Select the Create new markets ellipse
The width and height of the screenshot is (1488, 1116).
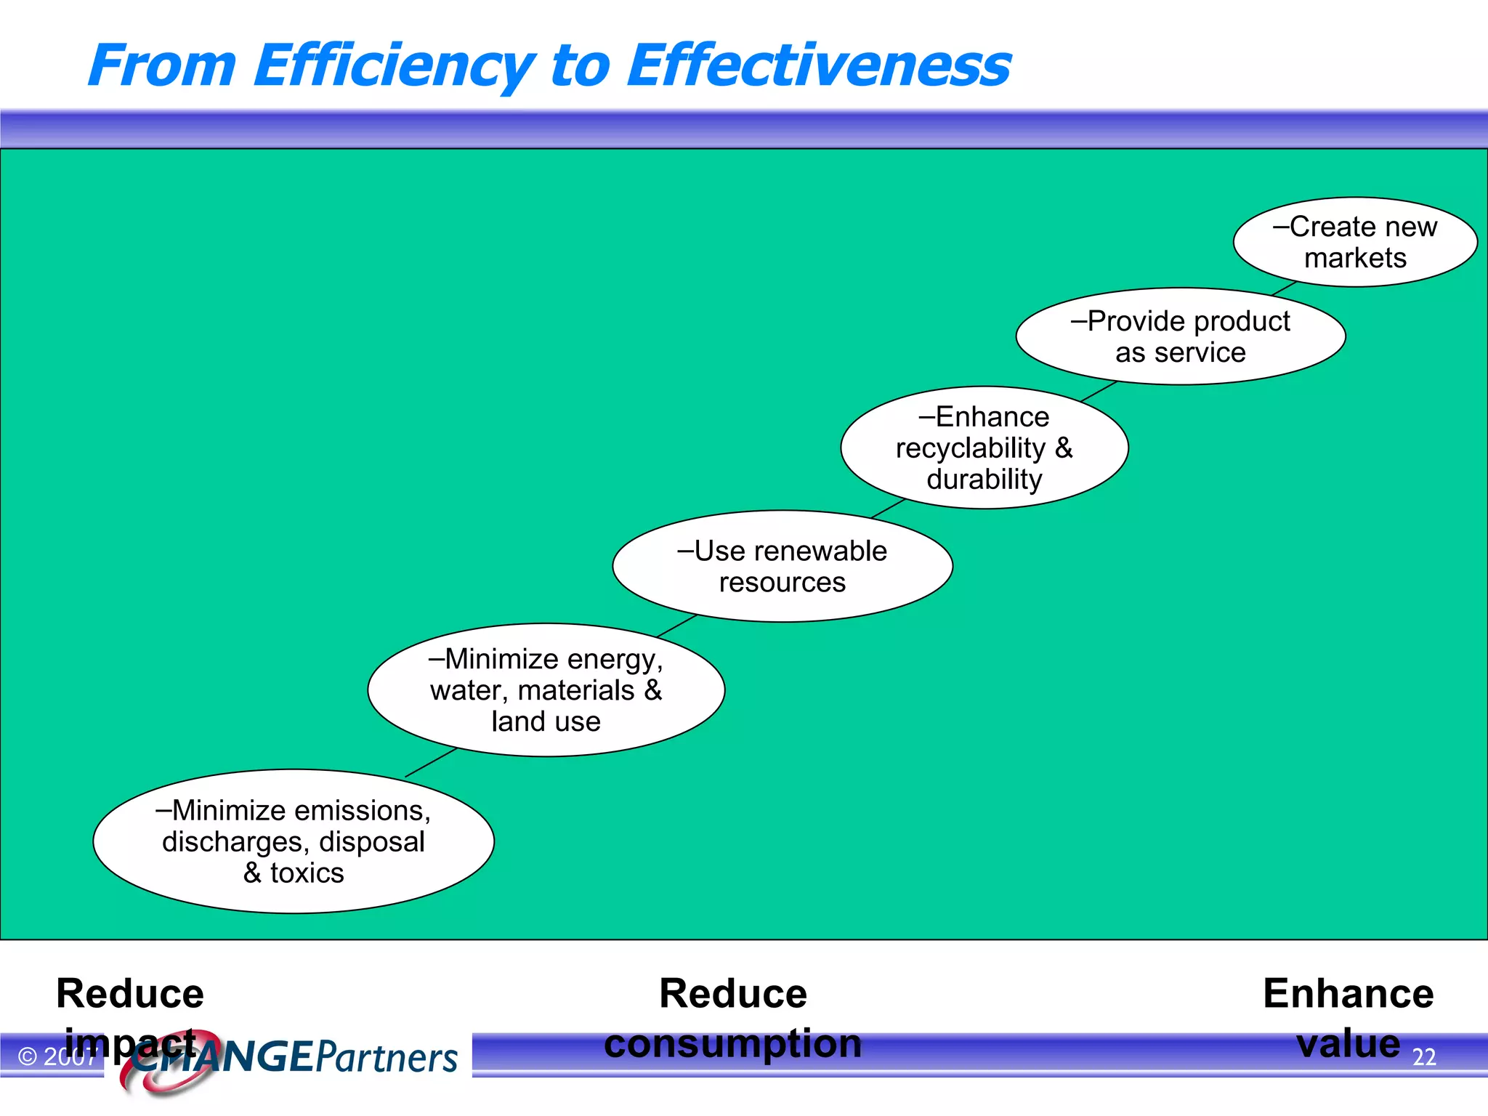[1355, 242]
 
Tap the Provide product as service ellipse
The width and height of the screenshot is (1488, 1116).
[1180, 336]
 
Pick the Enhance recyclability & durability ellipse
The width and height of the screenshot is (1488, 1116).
[984, 448]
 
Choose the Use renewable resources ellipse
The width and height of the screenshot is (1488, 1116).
[782, 566]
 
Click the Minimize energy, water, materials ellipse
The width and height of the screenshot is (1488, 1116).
[546, 690]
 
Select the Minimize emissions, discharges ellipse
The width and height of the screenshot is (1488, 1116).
[294, 841]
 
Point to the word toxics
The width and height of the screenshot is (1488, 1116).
[307, 873]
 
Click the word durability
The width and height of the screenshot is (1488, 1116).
[984, 480]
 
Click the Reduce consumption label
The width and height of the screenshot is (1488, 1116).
[732, 1017]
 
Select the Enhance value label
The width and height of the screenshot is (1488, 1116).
[1348, 1017]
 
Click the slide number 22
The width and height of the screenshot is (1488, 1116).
[1424, 1056]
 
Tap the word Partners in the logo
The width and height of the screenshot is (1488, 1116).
[387, 1057]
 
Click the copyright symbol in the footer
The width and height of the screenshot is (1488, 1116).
[28, 1056]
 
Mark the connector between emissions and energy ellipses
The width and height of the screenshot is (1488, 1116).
[430, 762]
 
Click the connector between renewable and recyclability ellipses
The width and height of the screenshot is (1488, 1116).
[888, 508]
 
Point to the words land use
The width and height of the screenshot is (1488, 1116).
[546, 721]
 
